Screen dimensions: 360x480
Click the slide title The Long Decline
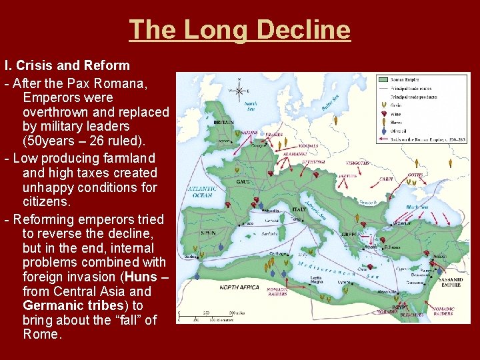coord(239,30)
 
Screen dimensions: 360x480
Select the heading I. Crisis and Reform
coord(67,66)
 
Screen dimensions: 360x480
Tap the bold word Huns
coord(143,277)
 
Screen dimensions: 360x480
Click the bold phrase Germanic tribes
coord(73,305)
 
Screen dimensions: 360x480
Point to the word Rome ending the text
coord(41,335)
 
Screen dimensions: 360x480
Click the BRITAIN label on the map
coord(223,123)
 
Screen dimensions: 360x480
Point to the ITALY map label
coord(299,209)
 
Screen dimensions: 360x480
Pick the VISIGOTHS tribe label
coord(358,163)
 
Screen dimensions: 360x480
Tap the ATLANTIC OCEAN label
coord(203,193)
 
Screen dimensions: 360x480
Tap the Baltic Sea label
coord(331,103)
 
